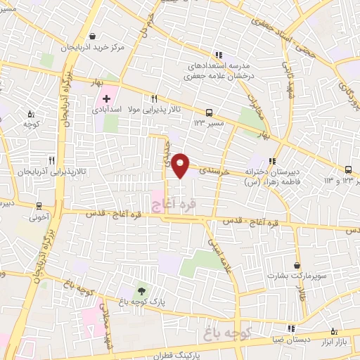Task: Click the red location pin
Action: coord(181,165)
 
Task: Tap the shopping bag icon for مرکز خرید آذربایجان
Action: coord(94,37)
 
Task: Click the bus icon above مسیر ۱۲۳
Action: coord(209,112)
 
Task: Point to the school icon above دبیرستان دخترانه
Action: coord(274,161)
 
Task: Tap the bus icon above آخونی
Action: coord(39,207)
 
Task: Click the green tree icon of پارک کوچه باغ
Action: coord(142,290)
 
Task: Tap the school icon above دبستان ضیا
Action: coord(290,328)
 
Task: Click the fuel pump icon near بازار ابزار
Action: coord(334,330)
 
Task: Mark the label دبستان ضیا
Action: coord(291,339)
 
